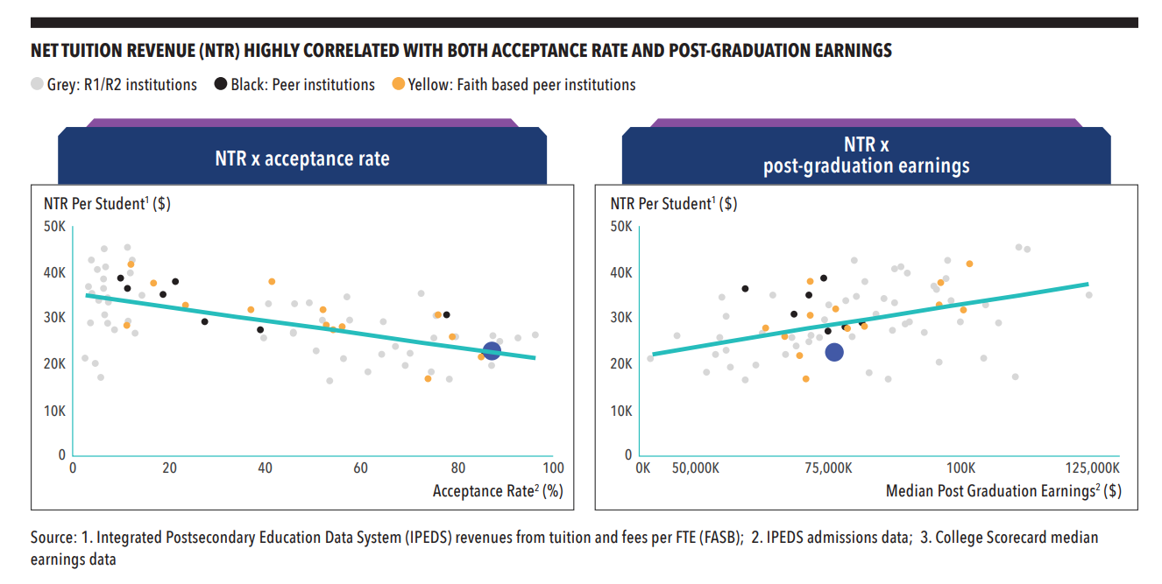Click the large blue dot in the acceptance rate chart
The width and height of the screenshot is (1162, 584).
click(x=492, y=351)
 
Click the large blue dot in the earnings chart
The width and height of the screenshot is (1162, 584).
click(x=834, y=352)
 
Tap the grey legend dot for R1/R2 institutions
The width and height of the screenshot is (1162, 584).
click(x=37, y=85)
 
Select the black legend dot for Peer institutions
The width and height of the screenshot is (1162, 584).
click(x=220, y=85)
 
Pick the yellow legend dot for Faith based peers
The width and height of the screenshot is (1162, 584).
click(x=398, y=85)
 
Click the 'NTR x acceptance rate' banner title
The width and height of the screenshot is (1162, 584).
click(x=302, y=158)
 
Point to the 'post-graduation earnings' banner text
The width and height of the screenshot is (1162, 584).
click(x=866, y=166)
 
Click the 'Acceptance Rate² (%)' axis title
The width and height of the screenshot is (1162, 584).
click(x=497, y=491)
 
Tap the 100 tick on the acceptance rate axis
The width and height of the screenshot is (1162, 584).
click(x=553, y=468)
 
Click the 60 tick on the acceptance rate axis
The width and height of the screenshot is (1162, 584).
click(x=361, y=468)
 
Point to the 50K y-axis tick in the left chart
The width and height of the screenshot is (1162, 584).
click(x=55, y=227)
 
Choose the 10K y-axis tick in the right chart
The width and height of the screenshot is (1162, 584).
click(x=621, y=411)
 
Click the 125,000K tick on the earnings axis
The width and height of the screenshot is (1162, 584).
click(x=1088, y=468)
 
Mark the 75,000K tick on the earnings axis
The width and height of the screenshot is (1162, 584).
click(x=827, y=468)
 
